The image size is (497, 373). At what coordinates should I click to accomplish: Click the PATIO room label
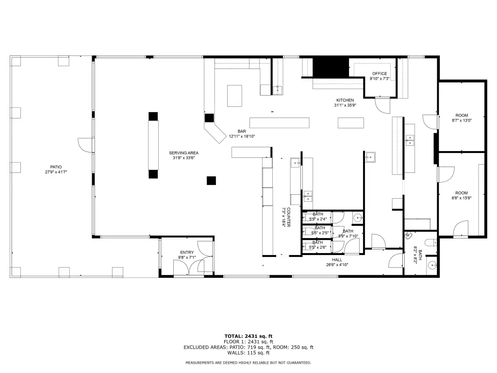point(56,167)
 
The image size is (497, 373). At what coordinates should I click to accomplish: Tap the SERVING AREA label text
point(183,153)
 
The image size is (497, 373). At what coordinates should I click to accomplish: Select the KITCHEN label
point(345,100)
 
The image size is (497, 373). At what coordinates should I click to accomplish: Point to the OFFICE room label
point(380,74)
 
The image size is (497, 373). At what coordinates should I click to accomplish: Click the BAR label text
point(242,131)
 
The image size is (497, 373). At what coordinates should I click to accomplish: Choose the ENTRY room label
point(187,253)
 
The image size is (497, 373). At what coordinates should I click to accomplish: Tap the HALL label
point(337,260)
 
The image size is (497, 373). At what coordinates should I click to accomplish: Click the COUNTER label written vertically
point(289,217)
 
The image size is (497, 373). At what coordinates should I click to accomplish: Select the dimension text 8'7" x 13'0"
point(462,120)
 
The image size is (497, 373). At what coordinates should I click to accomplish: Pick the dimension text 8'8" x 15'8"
point(462,198)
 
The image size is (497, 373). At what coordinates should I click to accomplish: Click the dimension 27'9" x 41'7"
point(56,172)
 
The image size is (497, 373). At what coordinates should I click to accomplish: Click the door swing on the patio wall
point(84,145)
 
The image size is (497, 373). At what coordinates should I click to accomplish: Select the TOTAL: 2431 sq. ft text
point(248,336)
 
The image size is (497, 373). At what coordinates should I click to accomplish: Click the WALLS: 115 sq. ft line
point(248,353)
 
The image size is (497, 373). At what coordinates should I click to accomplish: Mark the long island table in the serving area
point(153,145)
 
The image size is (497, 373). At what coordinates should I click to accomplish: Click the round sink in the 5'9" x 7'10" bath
point(358,218)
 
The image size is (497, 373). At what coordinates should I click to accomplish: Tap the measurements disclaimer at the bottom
point(248,362)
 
